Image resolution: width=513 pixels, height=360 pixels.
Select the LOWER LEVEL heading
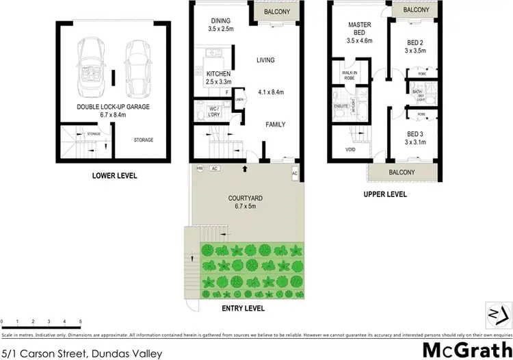(x=114, y=176)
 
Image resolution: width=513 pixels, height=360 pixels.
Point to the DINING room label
(x=220, y=21)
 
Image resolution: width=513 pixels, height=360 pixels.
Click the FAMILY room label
(x=275, y=125)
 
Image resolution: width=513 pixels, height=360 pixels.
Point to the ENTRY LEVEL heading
(x=243, y=309)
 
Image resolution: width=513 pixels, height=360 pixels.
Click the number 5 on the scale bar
(x=81, y=321)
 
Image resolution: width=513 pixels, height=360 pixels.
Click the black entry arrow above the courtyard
(x=244, y=167)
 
